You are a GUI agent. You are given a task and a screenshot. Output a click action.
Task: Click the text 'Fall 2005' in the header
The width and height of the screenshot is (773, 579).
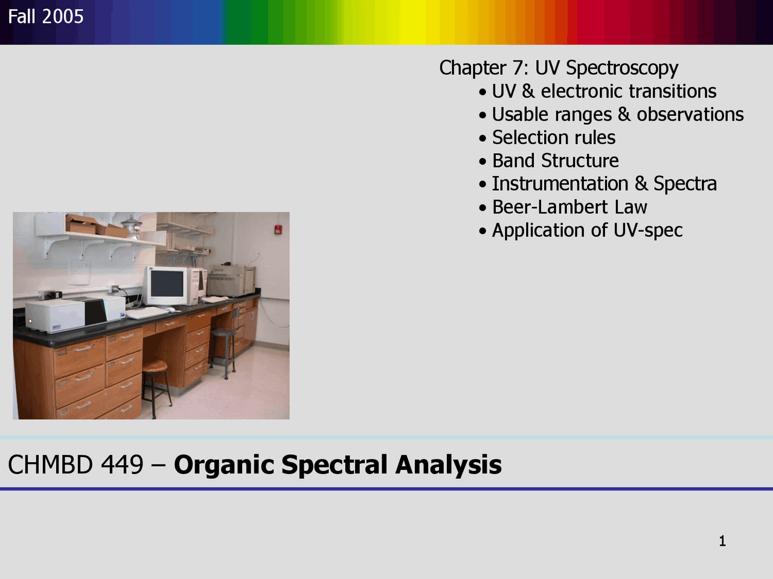coord(46,16)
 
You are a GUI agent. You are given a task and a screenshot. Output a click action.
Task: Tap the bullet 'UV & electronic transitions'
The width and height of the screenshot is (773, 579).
coord(603,91)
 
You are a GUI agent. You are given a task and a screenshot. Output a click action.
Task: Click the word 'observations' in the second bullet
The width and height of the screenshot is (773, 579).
coord(690,114)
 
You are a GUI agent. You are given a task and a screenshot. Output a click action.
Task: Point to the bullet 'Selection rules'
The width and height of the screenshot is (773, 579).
coord(553,138)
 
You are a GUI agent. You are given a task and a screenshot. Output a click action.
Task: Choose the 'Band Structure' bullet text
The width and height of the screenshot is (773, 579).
coord(555,160)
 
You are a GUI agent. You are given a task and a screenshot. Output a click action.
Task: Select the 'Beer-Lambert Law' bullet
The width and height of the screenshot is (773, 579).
coord(569,207)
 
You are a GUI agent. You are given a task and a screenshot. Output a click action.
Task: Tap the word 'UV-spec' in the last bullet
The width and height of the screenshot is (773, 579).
coord(648,230)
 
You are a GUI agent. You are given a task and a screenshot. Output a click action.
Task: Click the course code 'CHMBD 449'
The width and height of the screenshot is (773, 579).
coord(75,465)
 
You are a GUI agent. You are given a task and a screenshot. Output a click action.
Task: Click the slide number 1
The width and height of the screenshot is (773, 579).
coord(722,541)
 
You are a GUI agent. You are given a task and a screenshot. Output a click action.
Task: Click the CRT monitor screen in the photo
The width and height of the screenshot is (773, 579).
coord(167,285)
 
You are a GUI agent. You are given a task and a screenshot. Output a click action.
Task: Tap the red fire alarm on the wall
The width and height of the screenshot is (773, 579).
coord(278,229)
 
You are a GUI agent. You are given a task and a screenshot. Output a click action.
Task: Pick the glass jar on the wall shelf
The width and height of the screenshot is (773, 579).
coord(132,226)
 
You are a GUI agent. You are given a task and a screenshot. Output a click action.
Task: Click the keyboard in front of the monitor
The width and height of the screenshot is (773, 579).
coord(147,312)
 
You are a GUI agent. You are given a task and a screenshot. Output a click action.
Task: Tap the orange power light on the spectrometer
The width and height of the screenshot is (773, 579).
coord(28,321)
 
